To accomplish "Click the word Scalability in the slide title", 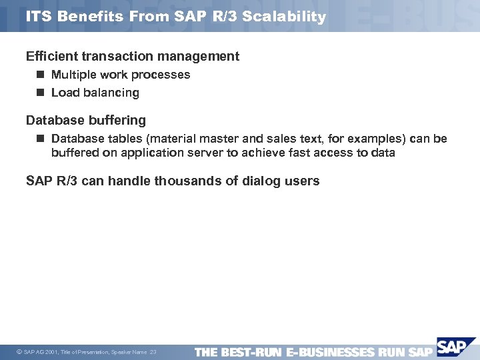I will pos(285,17).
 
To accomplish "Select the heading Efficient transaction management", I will pos(132,57).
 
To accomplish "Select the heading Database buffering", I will pos(85,121).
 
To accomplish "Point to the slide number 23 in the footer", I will pos(153,352).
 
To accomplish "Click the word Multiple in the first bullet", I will pos(73,75).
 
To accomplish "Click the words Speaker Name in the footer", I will pos(130,352).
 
